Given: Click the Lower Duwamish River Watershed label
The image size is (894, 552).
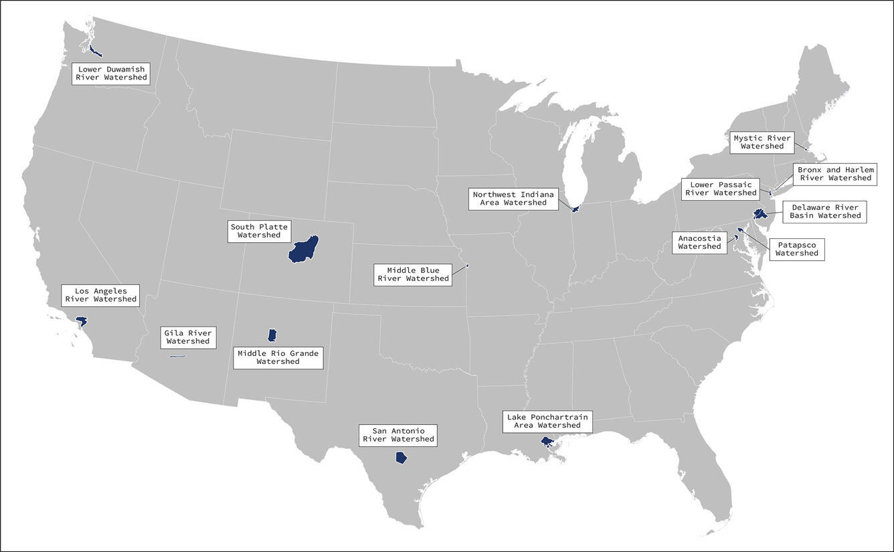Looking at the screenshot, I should [x=111, y=73].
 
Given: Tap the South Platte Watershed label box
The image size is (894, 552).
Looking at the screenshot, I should [x=259, y=231].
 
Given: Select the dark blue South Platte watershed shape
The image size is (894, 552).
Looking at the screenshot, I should [x=303, y=250].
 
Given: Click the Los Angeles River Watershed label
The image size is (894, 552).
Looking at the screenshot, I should [x=100, y=295].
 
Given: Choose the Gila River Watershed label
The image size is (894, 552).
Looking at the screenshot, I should [x=188, y=337].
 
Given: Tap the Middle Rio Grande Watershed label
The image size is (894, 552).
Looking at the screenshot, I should [x=278, y=357].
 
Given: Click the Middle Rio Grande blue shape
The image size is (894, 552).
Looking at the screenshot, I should [x=272, y=335].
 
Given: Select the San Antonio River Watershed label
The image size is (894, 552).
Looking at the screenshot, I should [x=398, y=435].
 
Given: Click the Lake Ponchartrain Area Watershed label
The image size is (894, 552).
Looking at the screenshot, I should [x=547, y=421].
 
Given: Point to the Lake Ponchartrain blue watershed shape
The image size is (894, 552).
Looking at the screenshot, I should [x=547, y=442].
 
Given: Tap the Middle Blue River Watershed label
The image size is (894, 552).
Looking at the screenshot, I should [x=413, y=274].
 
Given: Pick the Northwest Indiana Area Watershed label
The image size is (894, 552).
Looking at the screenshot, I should [x=513, y=199].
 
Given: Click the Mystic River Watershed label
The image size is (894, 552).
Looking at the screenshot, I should [x=762, y=142].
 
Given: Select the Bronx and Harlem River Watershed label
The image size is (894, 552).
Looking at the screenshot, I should [x=836, y=174].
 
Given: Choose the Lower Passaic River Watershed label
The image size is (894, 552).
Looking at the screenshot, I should [x=721, y=189].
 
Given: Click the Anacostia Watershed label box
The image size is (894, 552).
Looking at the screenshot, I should [x=699, y=242].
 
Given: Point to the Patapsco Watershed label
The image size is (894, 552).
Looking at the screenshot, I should [x=796, y=249].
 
